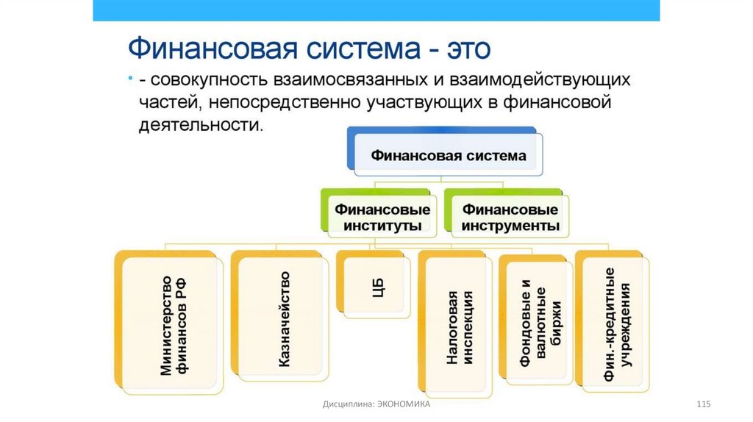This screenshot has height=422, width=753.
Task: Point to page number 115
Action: tap(704, 405)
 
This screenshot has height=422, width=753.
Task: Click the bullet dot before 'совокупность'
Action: tap(129, 76)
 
